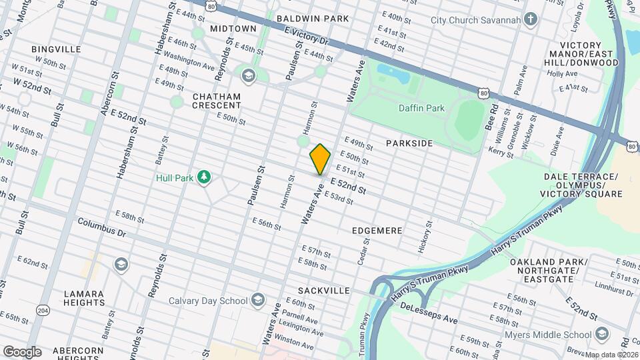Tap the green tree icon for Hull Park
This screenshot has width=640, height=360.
(x=205, y=177)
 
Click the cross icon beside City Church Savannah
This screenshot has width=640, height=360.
(x=531, y=19)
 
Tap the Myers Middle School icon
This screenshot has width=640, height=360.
(x=602, y=333)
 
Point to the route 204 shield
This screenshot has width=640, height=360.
(x=43, y=310)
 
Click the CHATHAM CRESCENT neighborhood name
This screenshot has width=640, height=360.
(x=216, y=101)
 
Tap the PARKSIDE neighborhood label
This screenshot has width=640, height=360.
(x=409, y=143)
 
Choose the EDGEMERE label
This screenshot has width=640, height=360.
(x=377, y=231)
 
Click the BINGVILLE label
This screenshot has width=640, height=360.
(x=56, y=49)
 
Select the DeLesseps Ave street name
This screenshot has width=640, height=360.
(x=429, y=314)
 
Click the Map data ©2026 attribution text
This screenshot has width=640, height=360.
(x=612, y=355)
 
